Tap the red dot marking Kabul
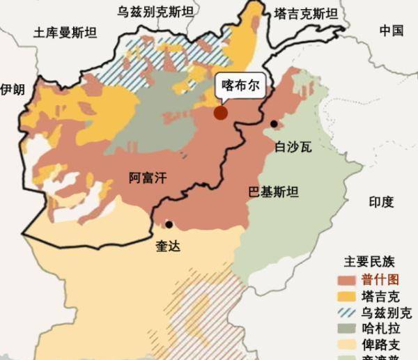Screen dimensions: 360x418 [x=221, y=113]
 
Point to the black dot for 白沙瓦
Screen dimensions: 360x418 [x=274, y=124]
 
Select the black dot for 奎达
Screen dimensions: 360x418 [x=169, y=224]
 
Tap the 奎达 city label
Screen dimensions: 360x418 [x=168, y=246]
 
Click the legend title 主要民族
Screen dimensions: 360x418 [x=369, y=263]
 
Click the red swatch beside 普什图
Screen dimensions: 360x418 [x=349, y=280]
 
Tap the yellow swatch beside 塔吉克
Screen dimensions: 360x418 [x=349, y=296]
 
